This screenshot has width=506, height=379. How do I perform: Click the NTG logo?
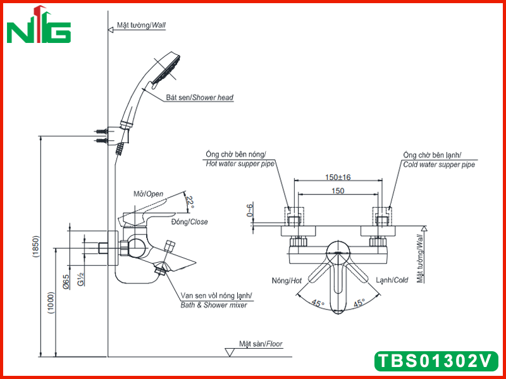(x=39, y=25)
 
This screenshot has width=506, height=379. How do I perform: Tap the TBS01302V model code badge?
(x=436, y=361)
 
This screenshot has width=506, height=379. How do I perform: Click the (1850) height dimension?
(x=36, y=247)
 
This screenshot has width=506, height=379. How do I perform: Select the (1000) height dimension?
(x=52, y=303)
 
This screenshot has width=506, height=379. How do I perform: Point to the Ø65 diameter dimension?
(x=66, y=282)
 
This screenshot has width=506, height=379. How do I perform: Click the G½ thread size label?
(x=81, y=279)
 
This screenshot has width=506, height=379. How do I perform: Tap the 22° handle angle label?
(x=190, y=202)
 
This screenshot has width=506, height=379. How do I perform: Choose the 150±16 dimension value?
(x=338, y=177)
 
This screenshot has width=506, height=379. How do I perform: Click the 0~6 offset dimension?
(x=250, y=210)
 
